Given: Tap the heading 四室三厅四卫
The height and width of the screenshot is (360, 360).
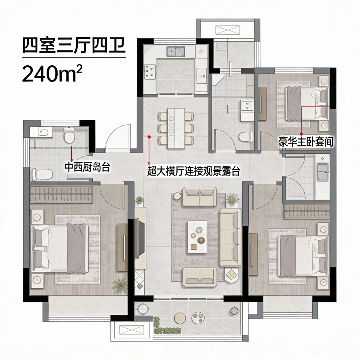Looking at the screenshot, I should point(73,46).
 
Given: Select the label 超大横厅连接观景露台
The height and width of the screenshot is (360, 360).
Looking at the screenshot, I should point(194,172).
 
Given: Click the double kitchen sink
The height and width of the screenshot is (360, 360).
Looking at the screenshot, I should point(175,52).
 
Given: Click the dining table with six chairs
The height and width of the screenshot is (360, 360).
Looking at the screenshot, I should point(176,127).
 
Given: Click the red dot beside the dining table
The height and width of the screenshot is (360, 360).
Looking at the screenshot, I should point(149,137).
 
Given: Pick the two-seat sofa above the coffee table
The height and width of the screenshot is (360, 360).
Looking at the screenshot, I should point(199,197).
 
